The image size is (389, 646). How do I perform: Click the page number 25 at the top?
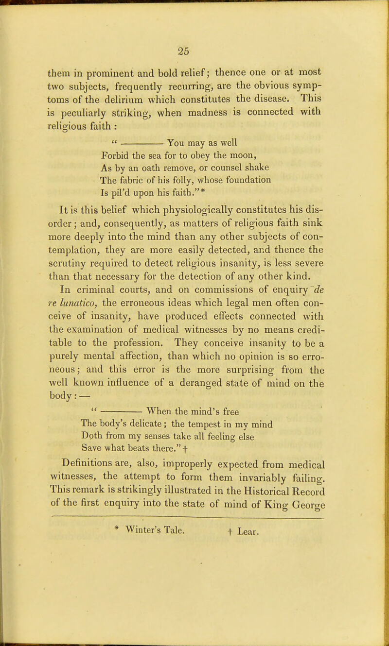coord(195,49)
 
